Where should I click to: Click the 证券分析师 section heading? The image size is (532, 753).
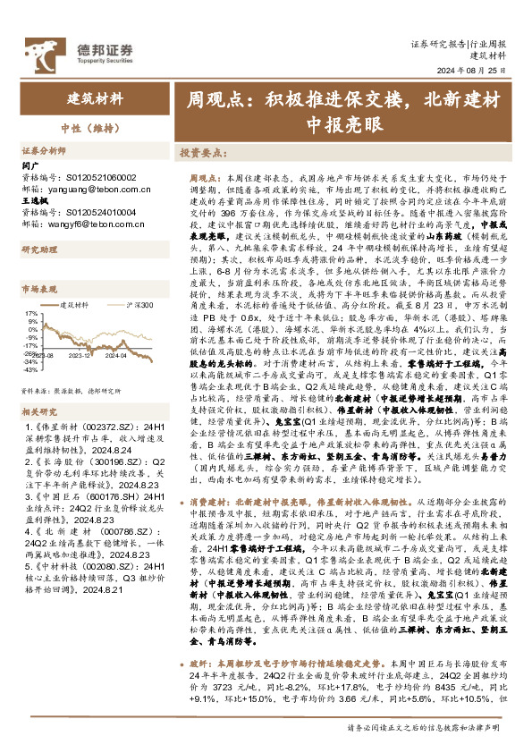(x=44, y=152)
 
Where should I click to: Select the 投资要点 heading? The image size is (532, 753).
(x=201, y=153)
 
